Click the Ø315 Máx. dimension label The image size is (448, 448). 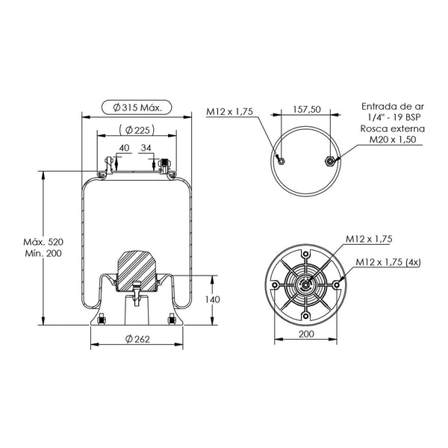pos(137,108)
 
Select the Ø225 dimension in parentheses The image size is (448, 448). pos(137,130)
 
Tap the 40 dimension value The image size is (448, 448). pos(124,148)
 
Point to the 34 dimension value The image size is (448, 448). pos(146,148)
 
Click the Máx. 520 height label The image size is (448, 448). pos(43,242)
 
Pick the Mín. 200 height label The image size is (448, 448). pos(43,253)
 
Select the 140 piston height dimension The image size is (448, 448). pos(213,299)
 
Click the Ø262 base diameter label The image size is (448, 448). pos(137,339)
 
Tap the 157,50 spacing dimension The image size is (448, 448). pos(307,109)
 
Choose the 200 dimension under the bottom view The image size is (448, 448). pos(306,334)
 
